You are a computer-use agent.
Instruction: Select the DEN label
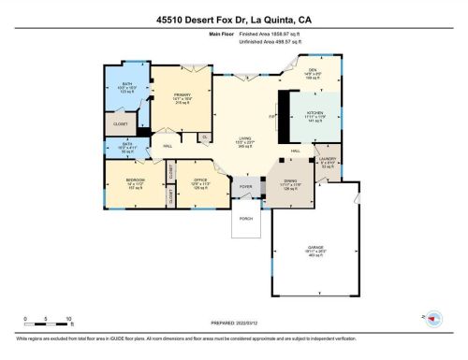[x=314, y=68]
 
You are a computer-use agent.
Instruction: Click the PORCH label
[x=246, y=218]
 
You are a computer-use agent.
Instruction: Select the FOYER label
[x=246, y=186]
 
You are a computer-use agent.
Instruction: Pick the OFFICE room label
[x=198, y=180]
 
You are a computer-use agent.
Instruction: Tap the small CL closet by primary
[x=204, y=137]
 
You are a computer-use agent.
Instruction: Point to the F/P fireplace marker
[x=271, y=117]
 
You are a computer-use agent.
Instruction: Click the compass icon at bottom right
[x=433, y=317]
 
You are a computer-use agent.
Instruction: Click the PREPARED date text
[x=234, y=324]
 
